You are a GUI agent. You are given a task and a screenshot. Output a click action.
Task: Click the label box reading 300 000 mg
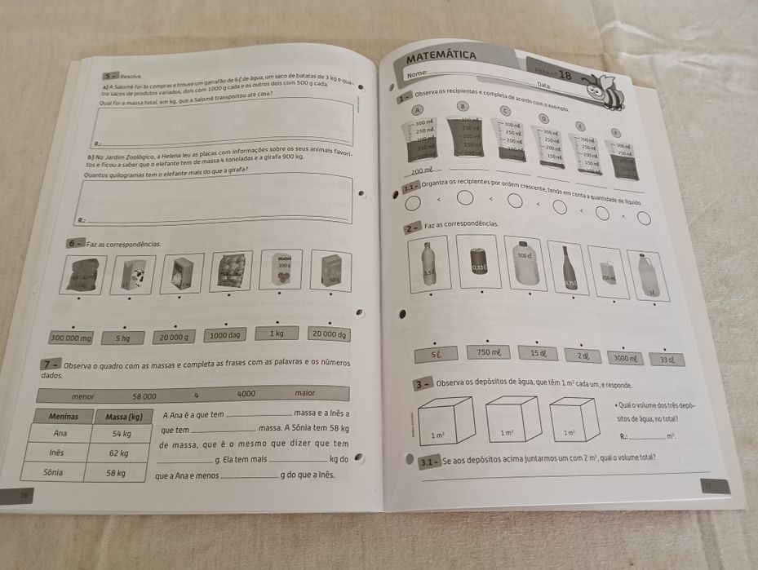point(72,337)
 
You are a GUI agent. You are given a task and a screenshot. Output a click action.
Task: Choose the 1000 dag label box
point(224,335)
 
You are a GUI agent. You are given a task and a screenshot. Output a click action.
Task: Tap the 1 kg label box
point(277,334)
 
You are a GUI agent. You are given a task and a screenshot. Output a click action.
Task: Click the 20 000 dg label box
point(328,334)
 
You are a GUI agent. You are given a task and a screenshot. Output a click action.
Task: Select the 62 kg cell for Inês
point(118,453)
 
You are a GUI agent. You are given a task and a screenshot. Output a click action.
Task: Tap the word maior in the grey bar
point(305,393)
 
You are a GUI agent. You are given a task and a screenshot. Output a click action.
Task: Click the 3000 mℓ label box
point(627,358)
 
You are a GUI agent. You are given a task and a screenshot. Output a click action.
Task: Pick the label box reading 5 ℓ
point(437,353)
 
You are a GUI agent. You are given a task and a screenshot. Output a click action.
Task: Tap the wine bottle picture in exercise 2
point(567,269)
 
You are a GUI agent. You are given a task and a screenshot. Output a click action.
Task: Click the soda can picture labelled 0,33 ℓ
point(479,262)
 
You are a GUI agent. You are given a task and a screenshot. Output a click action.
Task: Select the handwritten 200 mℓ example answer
point(423,170)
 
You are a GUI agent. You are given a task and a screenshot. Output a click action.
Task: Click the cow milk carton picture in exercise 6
point(135,272)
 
